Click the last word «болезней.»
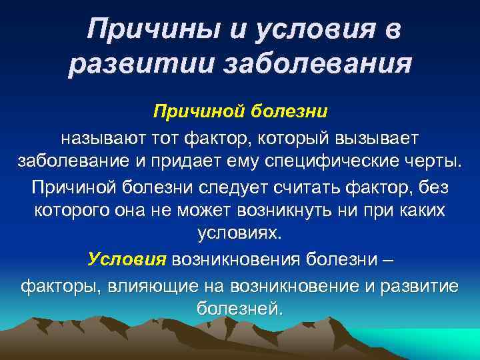(240, 309)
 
